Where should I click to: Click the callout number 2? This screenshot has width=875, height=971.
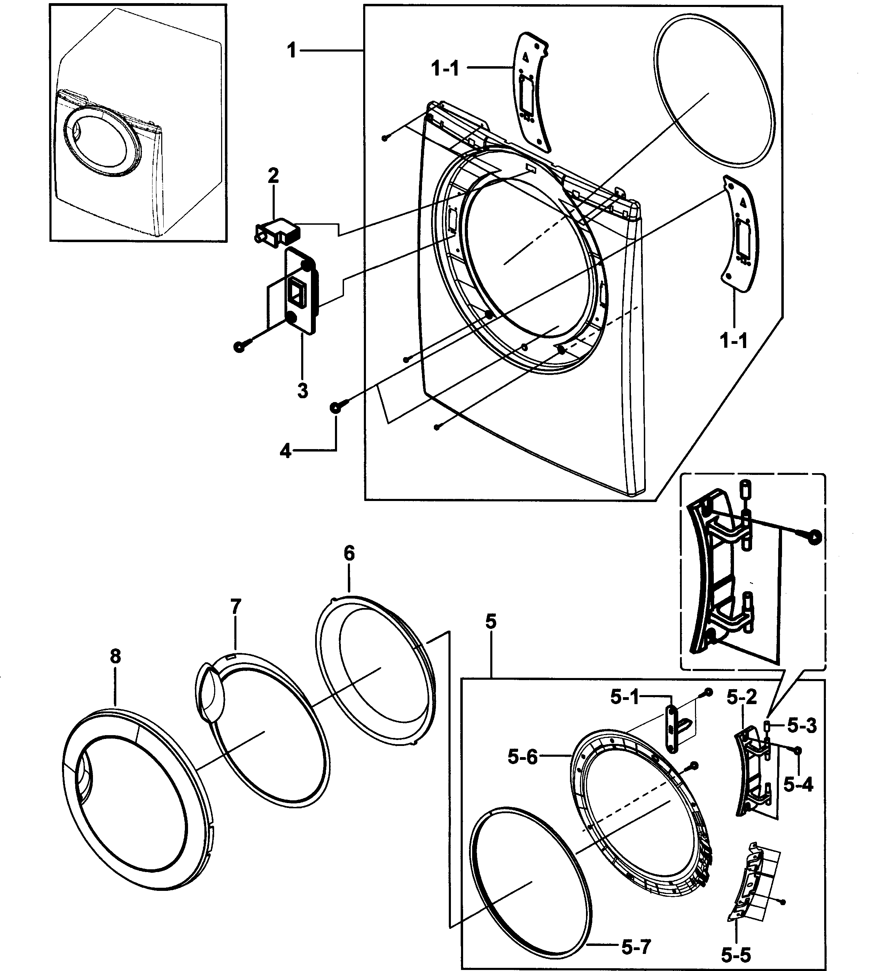point(273,176)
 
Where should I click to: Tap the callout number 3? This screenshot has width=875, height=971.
point(303,390)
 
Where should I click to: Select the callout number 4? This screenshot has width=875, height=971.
point(286,451)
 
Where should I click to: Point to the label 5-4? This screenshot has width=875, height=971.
point(798,785)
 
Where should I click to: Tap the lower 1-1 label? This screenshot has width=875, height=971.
point(734,341)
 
